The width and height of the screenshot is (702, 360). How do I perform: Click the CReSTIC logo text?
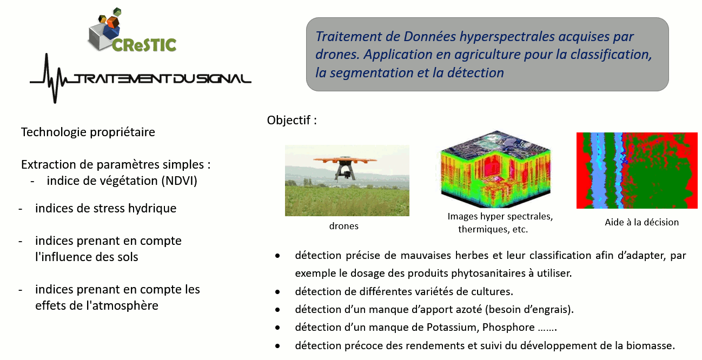click(x=144, y=45)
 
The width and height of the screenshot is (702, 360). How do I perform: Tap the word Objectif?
click(x=289, y=120)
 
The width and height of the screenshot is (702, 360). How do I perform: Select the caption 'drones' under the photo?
click(x=344, y=226)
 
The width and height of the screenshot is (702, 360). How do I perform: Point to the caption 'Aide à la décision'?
click(x=641, y=222)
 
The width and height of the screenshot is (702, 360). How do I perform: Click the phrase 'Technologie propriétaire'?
click(x=88, y=132)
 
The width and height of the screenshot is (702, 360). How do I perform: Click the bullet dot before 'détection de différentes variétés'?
click(x=277, y=292)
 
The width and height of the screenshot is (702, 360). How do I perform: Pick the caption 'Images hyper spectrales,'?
click(x=500, y=216)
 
